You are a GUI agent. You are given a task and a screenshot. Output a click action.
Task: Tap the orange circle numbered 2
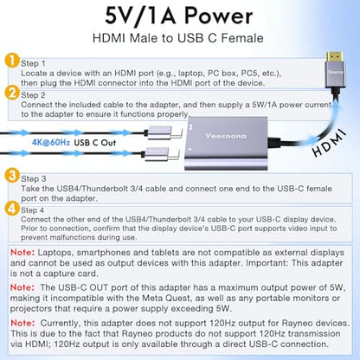[x=12, y=93]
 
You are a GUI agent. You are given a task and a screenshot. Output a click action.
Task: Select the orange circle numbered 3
[x=12, y=176]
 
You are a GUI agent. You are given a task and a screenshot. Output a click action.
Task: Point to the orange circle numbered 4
[x=12, y=208]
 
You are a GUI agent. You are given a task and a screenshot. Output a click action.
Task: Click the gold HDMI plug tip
[x=335, y=58]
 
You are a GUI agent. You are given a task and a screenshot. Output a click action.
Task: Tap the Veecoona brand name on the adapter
[x=226, y=136]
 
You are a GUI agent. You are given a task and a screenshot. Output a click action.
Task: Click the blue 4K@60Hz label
[x=51, y=142]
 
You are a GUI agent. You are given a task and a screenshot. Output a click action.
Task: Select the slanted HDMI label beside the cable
[x=329, y=143]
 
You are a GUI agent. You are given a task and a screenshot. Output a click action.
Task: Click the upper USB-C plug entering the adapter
[x=164, y=133]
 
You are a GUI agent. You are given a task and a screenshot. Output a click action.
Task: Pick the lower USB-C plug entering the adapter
[x=163, y=154]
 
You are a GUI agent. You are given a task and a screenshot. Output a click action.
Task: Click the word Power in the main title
[x=218, y=16]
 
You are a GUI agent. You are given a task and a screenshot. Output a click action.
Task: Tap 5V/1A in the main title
[x=141, y=16]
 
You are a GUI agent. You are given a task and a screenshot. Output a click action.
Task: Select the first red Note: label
[x=22, y=253]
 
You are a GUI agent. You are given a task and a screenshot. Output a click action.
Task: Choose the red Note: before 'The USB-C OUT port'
[x=22, y=287]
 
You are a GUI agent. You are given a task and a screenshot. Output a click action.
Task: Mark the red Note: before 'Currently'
[x=22, y=323]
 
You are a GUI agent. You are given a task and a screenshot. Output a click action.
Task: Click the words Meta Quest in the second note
[x=166, y=298]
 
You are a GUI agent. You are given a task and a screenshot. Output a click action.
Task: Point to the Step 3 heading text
[x=34, y=179]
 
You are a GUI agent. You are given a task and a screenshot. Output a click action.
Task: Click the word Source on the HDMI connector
[x=335, y=72]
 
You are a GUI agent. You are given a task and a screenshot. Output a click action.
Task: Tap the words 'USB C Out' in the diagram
[x=95, y=143]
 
